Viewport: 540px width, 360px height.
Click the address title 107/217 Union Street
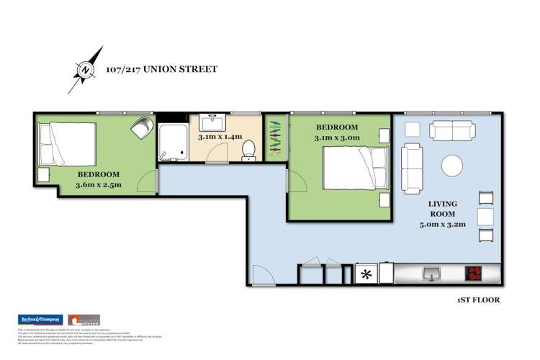coord(162,70)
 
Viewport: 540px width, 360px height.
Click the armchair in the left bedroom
coord(141,129)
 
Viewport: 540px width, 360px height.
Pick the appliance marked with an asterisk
coord(366,274)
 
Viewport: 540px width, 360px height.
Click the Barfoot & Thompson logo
coord(39,320)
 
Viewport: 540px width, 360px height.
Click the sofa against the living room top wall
coord(452,130)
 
